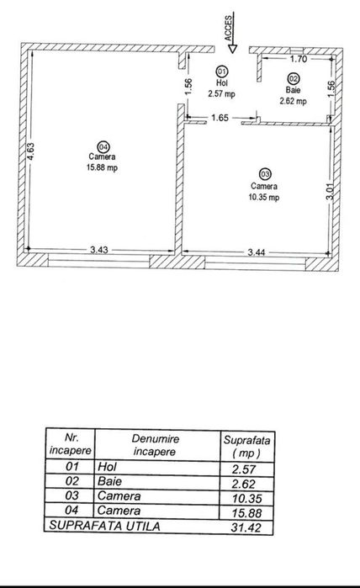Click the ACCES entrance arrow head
(x=232, y=49)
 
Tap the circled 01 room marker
(x=221, y=71)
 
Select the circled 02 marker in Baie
(x=293, y=78)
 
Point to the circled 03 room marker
(x=265, y=174)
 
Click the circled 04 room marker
(x=103, y=146)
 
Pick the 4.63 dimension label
(x=31, y=151)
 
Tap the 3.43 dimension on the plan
(x=99, y=250)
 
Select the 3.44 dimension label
(x=257, y=252)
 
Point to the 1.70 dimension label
(x=299, y=59)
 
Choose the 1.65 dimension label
(x=220, y=118)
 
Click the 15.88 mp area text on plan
(x=102, y=167)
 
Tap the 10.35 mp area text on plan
(x=264, y=197)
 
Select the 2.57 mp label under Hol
(x=221, y=93)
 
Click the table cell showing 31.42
(x=246, y=527)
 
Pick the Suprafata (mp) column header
(x=246, y=446)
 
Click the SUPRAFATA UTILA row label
(x=104, y=526)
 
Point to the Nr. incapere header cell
(x=71, y=444)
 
